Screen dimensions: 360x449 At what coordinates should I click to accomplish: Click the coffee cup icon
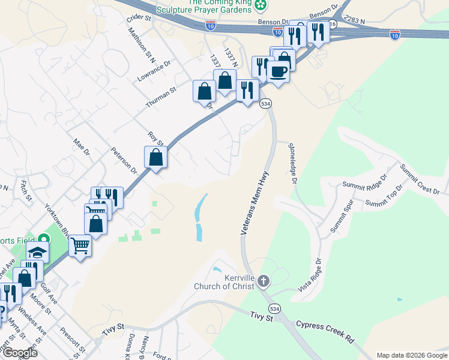tap(278, 71)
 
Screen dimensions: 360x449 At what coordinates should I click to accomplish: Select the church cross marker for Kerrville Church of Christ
tap(264, 281)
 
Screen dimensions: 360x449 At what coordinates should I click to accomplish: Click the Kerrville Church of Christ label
tap(225, 282)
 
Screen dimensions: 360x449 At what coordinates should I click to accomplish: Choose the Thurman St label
tap(160, 97)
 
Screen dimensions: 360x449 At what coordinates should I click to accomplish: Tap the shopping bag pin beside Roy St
tap(155, 158)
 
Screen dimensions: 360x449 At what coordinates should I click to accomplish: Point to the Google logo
tap(19, 353)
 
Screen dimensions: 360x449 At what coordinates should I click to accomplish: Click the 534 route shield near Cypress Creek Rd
tap(274, 308)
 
